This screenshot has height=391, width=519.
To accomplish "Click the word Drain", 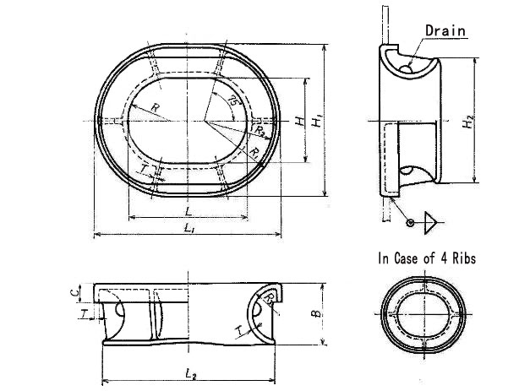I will click(x=445, y=30).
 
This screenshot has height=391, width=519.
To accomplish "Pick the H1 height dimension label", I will click(x=316, y=122).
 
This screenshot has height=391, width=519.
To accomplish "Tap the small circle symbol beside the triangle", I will click(x=410, y=223).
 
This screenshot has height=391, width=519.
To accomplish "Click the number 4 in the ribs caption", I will click(x=441, y=258).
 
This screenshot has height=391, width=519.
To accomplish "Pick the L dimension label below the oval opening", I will click(x=186, y=209).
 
